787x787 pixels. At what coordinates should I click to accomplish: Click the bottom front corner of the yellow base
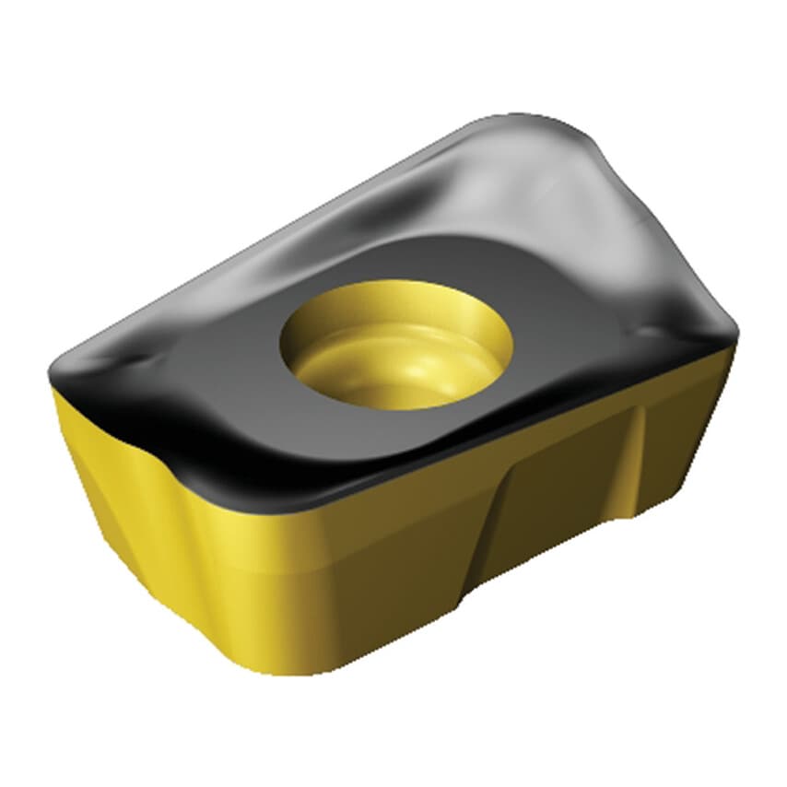[x=267, y=668]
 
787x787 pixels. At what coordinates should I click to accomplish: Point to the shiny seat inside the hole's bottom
[x=405, y=369]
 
